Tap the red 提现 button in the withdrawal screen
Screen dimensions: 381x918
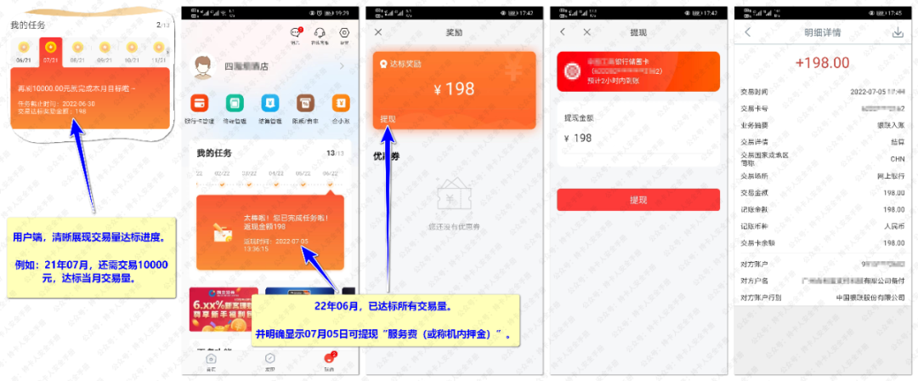point(638,200)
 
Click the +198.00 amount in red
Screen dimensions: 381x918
point(822,62)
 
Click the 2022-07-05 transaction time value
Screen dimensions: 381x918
point(876,91)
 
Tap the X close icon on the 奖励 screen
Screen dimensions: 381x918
point(378,32)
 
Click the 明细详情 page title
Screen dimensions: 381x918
point(822,32)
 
